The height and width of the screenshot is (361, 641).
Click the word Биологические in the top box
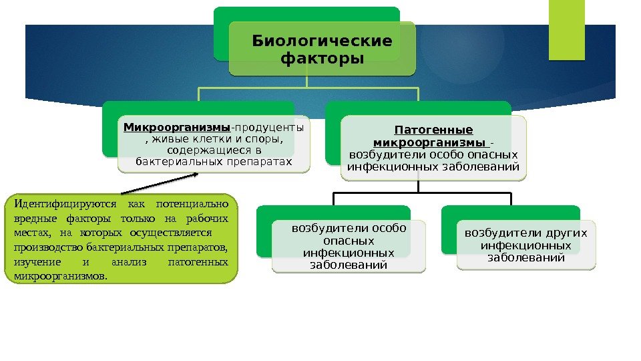pyautogui.click(x=322, y=41)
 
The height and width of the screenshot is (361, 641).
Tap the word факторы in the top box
pyautogui.click(x=323, y=59)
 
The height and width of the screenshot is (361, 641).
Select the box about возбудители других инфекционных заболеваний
pyautogui.click(x=526, y=245)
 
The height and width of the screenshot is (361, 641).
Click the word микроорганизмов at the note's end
pyautogui.click(x=59, y=276)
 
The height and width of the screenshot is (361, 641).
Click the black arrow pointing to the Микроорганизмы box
pyautogui.click(x=161, y=184)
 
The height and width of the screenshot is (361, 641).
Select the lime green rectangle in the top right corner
pyautogui.click(x=566, y=30)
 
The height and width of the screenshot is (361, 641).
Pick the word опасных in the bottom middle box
pyautogui.click(x=347, y=241)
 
